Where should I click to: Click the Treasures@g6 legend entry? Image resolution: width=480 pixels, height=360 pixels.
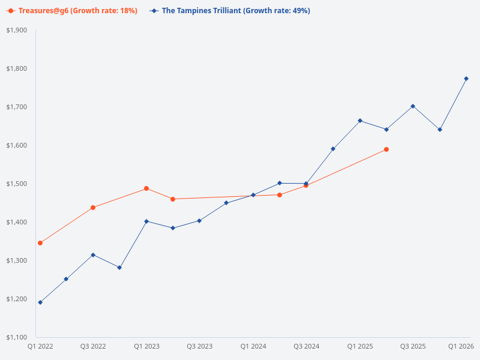(72, 11)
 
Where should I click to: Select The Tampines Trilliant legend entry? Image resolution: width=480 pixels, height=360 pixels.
(231, 11)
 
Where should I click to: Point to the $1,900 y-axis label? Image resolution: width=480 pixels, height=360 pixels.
(17, 30)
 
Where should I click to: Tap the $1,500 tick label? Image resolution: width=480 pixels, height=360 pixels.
(17, 184)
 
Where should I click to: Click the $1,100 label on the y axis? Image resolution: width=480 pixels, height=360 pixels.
(17, 337)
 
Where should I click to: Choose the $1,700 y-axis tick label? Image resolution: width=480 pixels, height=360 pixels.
(17, 107)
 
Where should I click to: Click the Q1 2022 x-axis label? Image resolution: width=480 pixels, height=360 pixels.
(40, 347)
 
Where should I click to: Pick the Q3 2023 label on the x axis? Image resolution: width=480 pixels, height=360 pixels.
(200, 347)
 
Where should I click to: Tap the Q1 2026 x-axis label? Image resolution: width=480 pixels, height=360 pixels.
(461, 347)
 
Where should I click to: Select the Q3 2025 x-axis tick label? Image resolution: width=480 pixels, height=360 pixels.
(413, 347)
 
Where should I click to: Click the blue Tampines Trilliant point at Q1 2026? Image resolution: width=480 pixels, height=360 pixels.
(466, 79)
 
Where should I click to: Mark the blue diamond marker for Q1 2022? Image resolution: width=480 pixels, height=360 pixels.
(40, 302)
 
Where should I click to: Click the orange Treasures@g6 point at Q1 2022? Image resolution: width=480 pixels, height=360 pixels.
(40, 243)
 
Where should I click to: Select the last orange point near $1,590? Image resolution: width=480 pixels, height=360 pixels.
(386, 149)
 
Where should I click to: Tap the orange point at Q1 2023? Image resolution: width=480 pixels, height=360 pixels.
(146, 188)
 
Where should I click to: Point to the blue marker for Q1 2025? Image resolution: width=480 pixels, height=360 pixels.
(360, 121)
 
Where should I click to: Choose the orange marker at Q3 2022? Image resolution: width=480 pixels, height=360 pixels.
(93, 208)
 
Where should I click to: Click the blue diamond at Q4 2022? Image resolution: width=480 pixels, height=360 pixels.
(119, 268)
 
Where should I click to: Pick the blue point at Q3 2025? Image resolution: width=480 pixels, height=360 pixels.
(413, 106)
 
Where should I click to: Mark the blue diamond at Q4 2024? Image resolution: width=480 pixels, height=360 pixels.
(333, 149)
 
